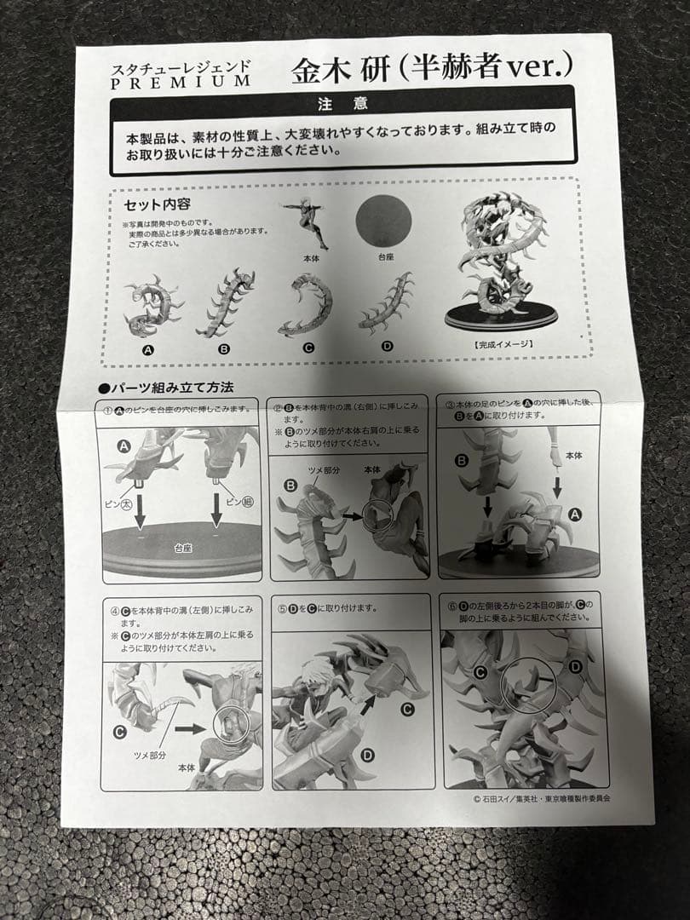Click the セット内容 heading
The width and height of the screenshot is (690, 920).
click(x=157, y=204)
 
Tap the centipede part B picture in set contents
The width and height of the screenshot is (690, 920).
click(x=226, y=302)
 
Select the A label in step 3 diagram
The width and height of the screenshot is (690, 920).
click(x=574, y=515)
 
